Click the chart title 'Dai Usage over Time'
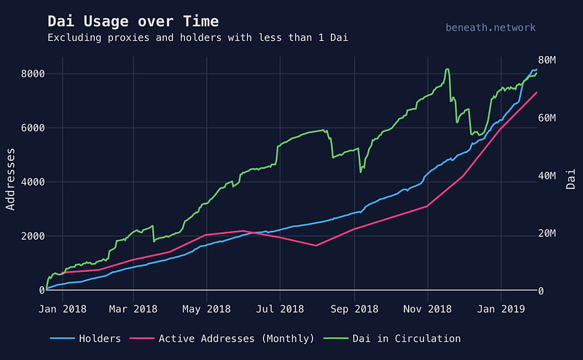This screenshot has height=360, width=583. point(133,21)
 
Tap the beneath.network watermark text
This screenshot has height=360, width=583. point(490,28)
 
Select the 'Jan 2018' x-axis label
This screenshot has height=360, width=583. point(62,309)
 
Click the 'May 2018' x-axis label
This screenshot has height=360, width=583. point(207,309)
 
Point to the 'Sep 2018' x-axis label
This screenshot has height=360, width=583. point(354,309)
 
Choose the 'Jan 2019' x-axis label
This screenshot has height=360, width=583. point(501,309)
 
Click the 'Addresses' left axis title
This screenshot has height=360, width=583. point(11,179)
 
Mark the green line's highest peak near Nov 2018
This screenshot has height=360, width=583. point(447,69)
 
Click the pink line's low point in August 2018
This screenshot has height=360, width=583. point(316,246)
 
